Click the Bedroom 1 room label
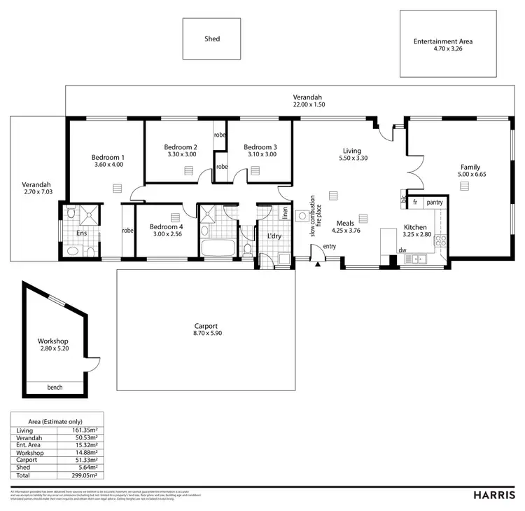(108, 157)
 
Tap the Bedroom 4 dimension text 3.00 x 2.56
(166, 235)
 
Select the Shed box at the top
(211, 39)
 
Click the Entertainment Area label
(442, 41)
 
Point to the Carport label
(206, 326)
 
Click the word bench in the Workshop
(55, 388)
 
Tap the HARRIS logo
(494, 495)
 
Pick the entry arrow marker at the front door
(318, 264)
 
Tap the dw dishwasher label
(402, 250)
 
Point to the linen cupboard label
(285, 212)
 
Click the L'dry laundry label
(274, 236)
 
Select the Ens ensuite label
(81, 233)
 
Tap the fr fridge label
(415, 202)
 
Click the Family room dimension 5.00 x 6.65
(470, 175)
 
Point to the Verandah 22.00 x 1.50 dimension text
(309, 104)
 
